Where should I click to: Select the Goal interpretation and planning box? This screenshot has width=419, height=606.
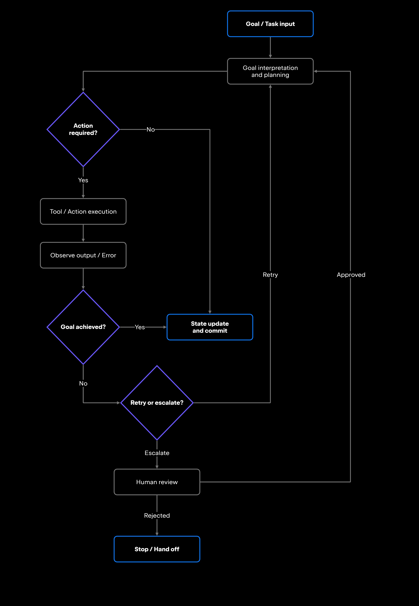[270, 71]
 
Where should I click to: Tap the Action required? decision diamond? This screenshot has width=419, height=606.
[83, 129]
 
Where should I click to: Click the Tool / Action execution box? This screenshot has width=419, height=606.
[83, 211]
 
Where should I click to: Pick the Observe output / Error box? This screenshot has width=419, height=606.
[83, 255]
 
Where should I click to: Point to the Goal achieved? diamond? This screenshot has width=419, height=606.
[83, 327]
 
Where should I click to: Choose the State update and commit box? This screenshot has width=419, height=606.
[210, 327]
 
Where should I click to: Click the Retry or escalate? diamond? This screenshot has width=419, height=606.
[157, 402]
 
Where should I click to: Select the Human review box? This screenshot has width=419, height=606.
[157, 482]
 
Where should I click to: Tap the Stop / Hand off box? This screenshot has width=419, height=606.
[157, 549]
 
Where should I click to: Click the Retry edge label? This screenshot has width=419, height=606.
[270, 275]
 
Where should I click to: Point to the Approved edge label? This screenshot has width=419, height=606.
[351, 275]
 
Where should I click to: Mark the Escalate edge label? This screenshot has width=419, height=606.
[157, 453]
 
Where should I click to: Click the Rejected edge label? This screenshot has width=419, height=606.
[157, 515]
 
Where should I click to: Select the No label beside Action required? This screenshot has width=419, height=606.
[151, 129]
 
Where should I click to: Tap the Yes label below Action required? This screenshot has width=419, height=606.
[83, 180]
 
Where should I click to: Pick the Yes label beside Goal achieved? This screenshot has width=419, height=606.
[140, 327]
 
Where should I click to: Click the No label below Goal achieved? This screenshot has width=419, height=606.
[83, 383]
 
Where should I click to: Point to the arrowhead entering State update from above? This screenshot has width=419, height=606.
[210, 312]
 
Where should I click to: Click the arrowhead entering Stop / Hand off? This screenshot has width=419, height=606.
[157, 534]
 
